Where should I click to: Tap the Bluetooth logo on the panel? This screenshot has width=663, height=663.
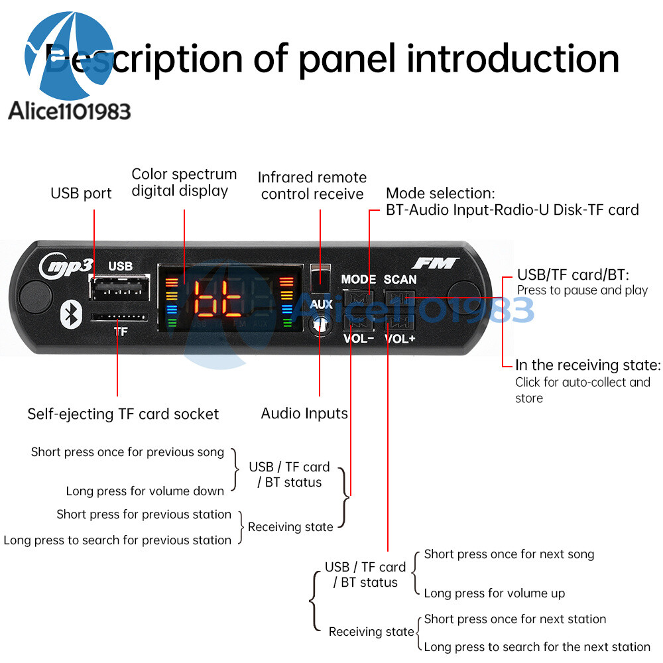70,314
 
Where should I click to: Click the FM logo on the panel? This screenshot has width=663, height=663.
434,263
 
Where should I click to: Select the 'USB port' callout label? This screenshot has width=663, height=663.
81,194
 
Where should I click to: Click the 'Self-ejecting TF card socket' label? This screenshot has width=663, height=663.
123,414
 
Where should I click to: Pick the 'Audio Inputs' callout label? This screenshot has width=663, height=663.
304,414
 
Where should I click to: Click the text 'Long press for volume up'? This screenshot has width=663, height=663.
494,593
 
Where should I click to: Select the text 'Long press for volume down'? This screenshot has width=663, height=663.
145,491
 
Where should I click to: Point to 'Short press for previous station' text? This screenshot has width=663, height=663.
144,514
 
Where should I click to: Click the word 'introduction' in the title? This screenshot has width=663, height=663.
512,58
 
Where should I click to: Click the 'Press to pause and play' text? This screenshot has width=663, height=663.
582,290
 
